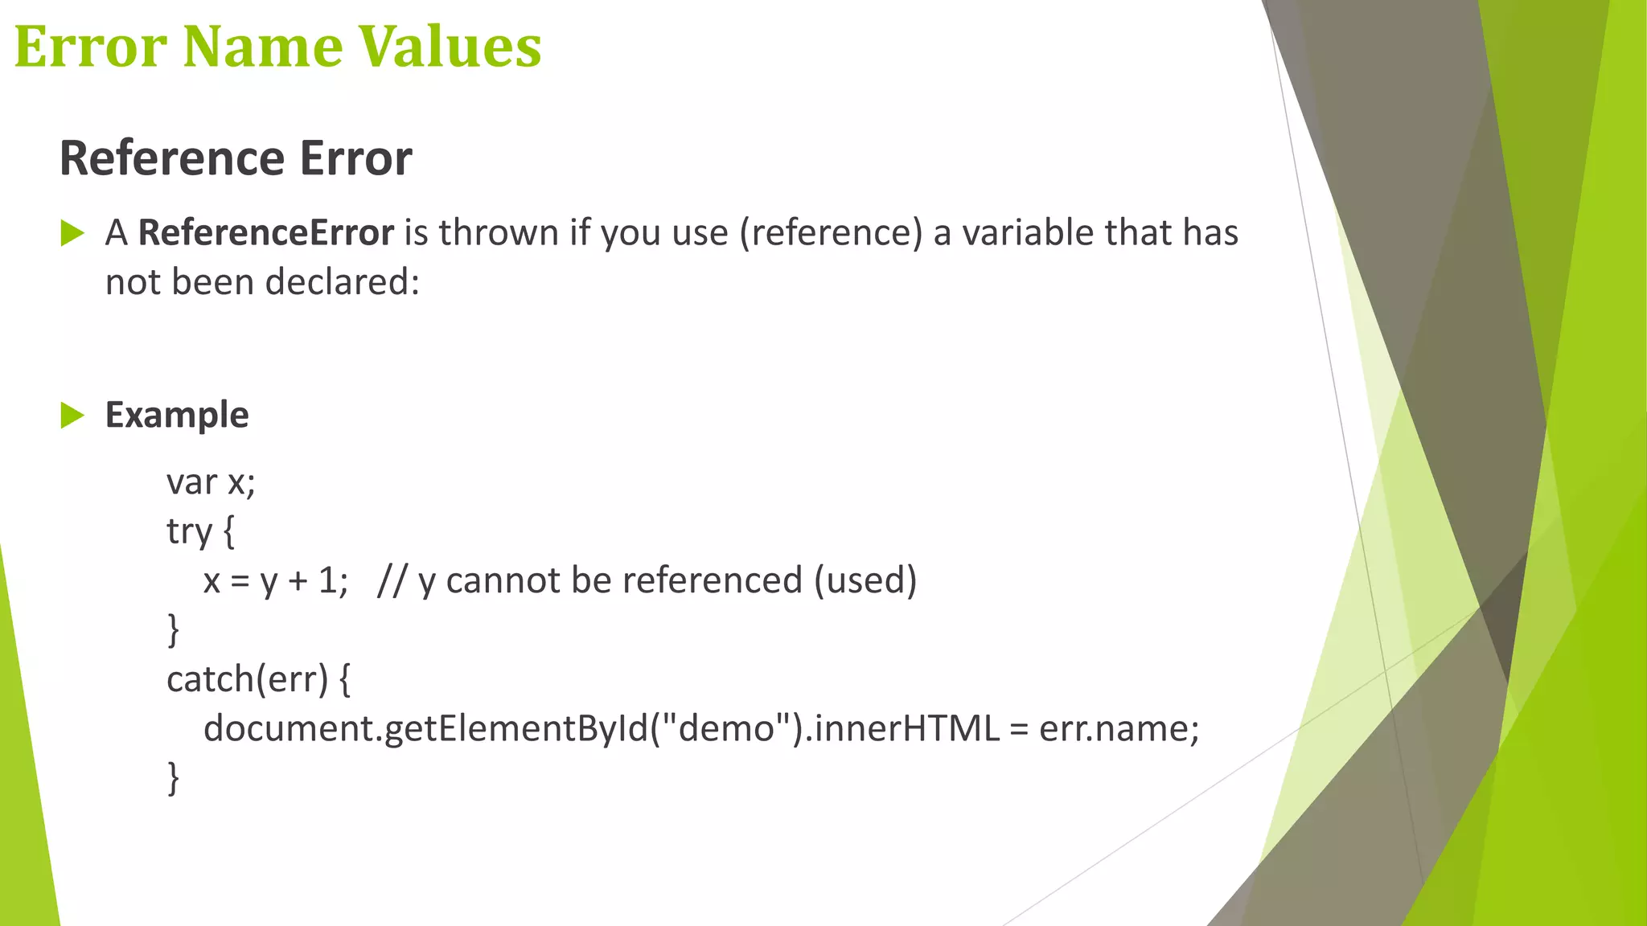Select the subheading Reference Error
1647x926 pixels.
point(236,158)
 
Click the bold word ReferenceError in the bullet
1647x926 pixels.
point(266,232)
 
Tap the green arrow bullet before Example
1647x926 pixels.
point(72,416)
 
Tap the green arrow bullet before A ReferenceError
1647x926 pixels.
point(72,234)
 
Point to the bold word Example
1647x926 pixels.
point(177,416)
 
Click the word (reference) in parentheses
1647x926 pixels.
point(831,233)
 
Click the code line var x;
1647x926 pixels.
point(211,482)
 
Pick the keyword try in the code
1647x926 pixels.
point(189,531)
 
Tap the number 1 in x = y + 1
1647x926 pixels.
point(327,580)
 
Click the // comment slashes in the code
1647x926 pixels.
point(392,580)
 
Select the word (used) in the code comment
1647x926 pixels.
point(865,580)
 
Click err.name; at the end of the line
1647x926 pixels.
point(1119,728)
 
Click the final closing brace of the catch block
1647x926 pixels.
point(173,778)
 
